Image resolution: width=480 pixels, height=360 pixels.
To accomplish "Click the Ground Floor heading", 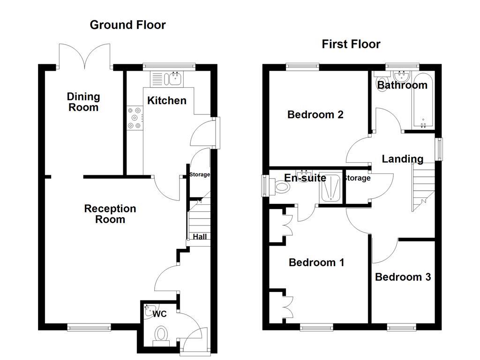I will [127, 25].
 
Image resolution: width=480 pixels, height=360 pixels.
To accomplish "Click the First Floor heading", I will [351, 44].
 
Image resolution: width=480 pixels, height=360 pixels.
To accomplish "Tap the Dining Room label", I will [83, 102].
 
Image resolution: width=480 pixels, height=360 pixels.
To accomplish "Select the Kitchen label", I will [166, 100].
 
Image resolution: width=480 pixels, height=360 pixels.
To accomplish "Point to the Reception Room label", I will [110, 214].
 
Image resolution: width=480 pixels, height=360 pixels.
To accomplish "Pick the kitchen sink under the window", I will [175, 79].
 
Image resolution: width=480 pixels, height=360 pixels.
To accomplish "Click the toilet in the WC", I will [161, 335].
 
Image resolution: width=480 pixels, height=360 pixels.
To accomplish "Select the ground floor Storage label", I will [200, 175].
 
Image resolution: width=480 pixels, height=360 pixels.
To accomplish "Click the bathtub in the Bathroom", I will [424, 100].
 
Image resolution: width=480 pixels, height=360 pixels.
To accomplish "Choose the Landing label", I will [402, 159].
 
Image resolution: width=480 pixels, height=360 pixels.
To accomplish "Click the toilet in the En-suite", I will [282, 187].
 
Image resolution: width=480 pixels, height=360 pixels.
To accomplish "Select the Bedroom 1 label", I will [316, 262].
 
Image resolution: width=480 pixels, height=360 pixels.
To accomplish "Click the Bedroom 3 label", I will [403, 277].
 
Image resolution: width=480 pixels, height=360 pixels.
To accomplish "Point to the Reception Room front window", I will [89, 328].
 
